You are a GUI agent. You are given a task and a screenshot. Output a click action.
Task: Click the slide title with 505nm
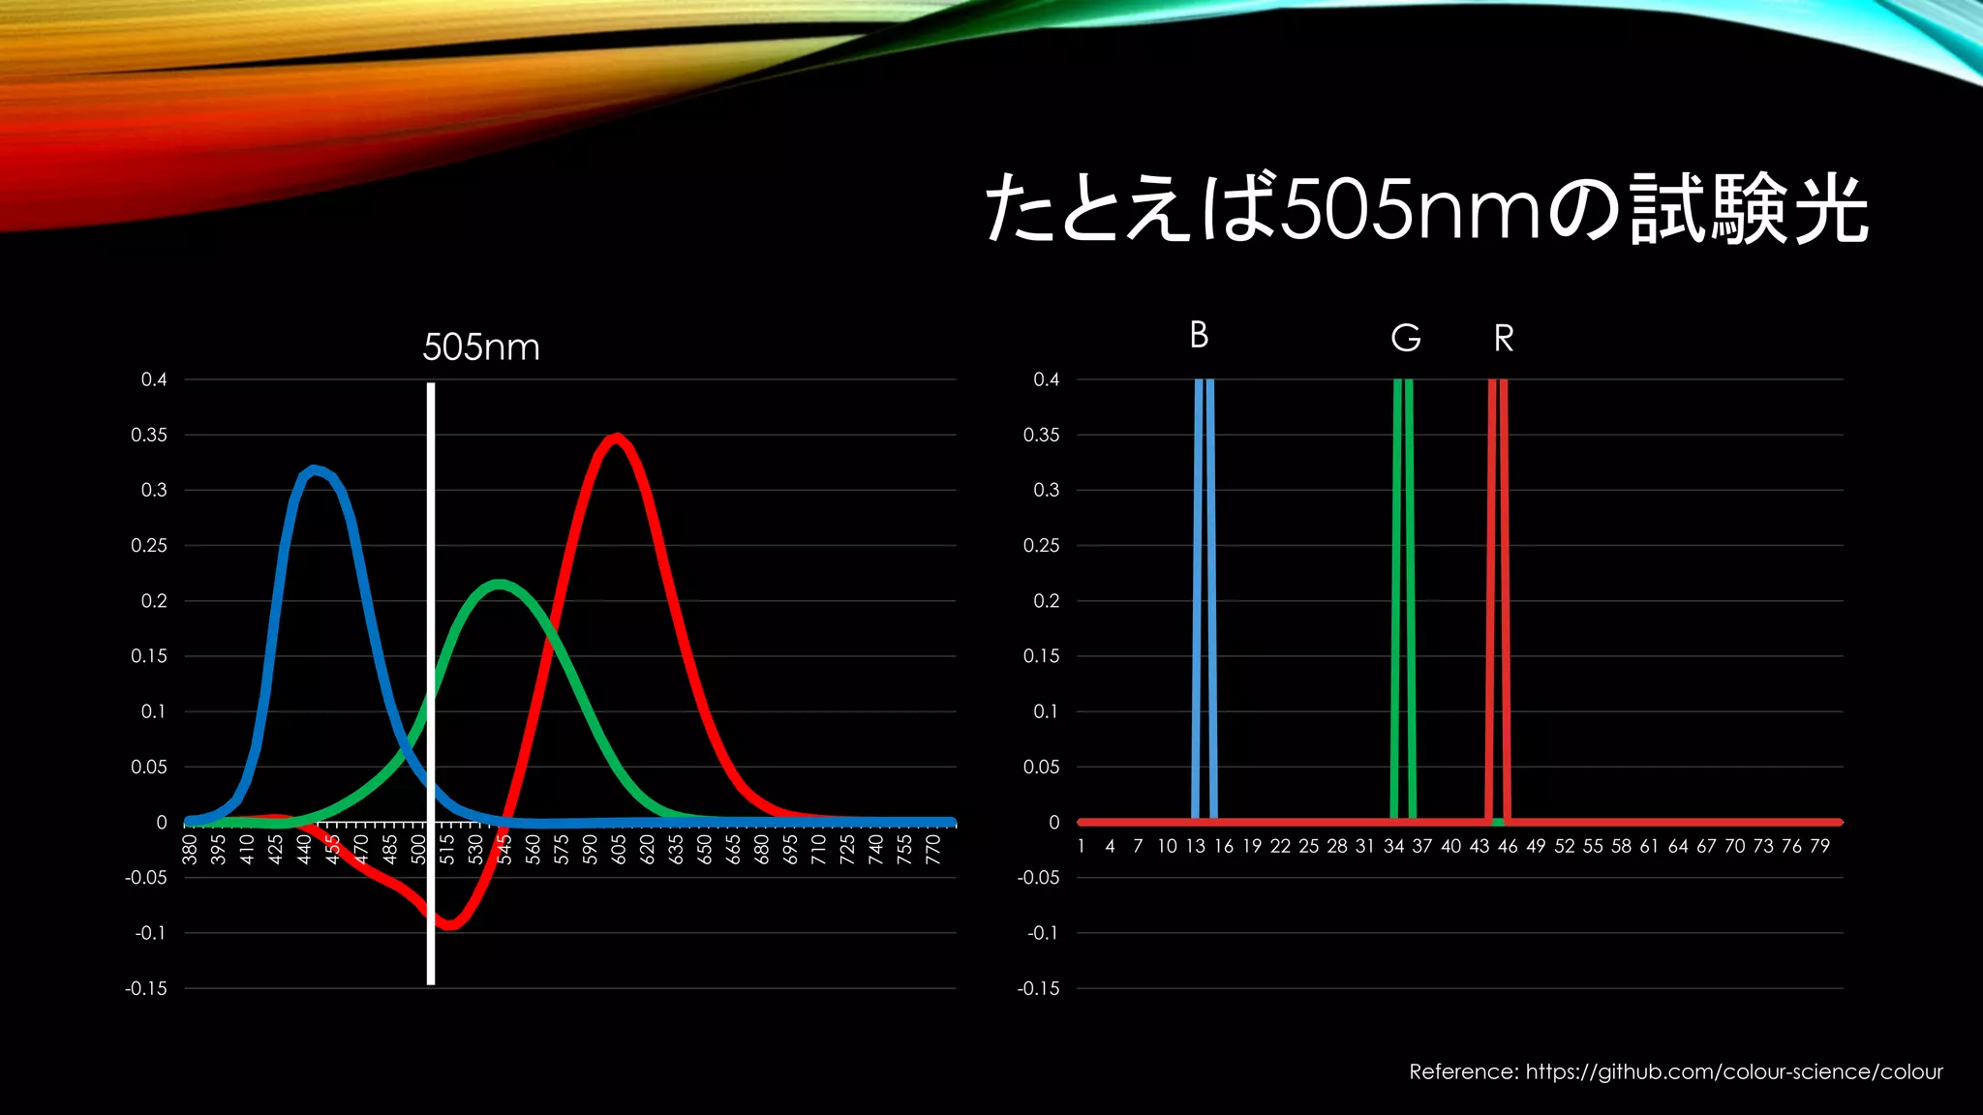tap(1425, 209)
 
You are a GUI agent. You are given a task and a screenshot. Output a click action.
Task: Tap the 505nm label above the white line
tap(481, 347)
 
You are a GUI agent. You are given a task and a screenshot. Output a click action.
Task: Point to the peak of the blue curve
tap(313, 470)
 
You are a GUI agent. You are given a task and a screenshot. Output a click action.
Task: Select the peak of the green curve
tap(499, 585)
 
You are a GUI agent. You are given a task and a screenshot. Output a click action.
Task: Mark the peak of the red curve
tap(617, 438)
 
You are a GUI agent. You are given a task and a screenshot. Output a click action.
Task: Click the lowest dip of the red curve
tap(449, 925)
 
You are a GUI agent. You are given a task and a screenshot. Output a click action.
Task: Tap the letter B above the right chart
tap(1199, 335)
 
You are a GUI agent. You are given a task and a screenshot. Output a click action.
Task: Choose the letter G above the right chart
tap(1406, 338)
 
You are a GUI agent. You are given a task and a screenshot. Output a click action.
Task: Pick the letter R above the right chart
tap(1504, 339)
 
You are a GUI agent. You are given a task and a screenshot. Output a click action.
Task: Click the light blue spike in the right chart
tap(1205, 600)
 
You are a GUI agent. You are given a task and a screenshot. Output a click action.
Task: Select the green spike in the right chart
tap(1403, 600)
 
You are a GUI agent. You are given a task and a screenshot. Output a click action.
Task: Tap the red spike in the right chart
tap(1498, 600)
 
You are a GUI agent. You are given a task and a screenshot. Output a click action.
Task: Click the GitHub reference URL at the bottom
tap(1734, 1071)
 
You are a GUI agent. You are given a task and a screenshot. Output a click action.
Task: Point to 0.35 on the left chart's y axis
tap(149, 436)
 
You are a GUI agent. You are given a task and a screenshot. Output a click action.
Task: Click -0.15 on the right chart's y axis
tap(1038, 988)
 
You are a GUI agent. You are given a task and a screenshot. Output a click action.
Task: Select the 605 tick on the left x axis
tap(619, 849)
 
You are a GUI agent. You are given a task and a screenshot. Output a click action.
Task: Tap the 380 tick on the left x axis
tap(190, 849)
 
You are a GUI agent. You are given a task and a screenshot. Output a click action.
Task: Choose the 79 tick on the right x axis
tap(1819, 846)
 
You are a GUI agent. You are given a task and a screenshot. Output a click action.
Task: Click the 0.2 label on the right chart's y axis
tap(1046, 601)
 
